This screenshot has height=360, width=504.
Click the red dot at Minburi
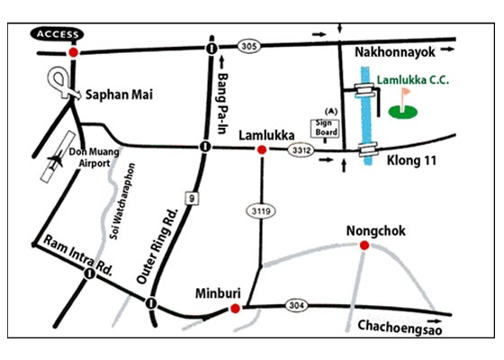(235, 309)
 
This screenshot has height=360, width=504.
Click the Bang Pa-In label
(227, 93)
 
